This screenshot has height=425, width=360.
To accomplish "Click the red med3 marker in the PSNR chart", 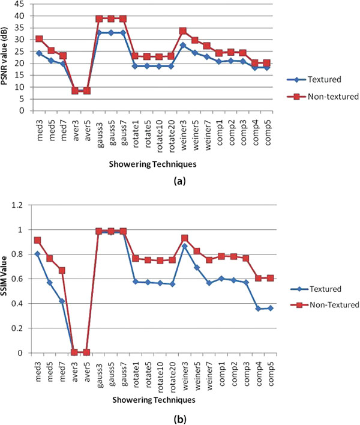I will pyautogui.click(x=39, y=39).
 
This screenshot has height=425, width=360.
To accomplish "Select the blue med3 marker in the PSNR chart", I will pyautogui.click(x=39, y=53).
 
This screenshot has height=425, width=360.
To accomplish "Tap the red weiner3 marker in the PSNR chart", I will pyautogui.click(x=182, y=31).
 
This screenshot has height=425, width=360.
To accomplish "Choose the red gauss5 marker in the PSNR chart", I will pyautogui.click(x=112, y=19).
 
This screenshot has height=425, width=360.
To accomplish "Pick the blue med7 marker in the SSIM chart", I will pyautogui.click(x=62, y=301).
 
